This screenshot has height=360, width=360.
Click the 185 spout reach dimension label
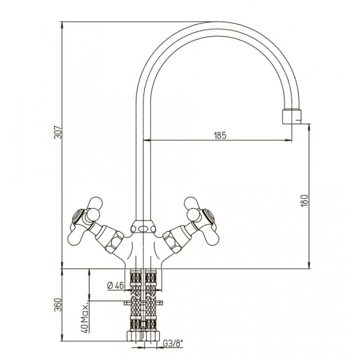pyautogui.click(x=220, y=135)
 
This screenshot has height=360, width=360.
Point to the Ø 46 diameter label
pyautogui.click(x=116, y=285)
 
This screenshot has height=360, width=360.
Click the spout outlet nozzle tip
pyautogui.click(x=292, y=117)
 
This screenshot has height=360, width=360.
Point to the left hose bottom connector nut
pyautogui.click(x=133, y=336)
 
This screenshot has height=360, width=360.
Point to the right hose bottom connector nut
pyautogui.click(x=152, y=336)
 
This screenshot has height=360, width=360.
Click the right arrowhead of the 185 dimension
pyautogui.click(x=289, y=140)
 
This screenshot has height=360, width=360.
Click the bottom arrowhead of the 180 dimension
pyautogui.click(x=309, y=265)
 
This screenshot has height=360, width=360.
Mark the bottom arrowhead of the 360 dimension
pyautogui.click(x=62, y=338)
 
